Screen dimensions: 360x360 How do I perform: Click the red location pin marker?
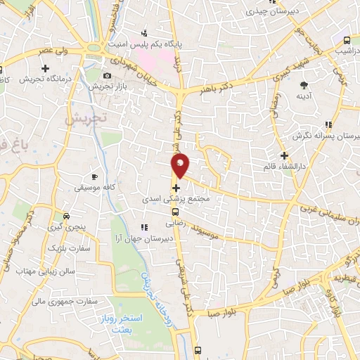(x=181, y=166)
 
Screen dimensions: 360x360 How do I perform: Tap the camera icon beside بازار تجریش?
(x=107, y=75)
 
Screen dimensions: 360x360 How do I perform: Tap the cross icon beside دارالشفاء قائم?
(x=284, y=155)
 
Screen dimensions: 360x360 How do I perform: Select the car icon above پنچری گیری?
(x=66, y=217)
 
